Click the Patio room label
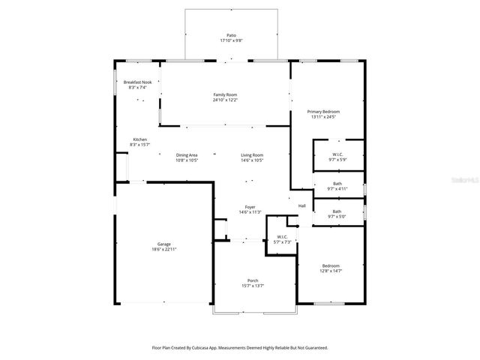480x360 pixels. [x=231, y=35]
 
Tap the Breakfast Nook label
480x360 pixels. [x=137, y=82]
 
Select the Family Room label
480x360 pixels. [x=225, y=94]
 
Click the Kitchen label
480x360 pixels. [x=139, y=139]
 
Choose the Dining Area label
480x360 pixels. [x=187, y=154]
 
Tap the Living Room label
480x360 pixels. [x=252, y=154]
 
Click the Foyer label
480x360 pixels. [x=250, y=207]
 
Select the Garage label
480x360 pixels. [x=163, y=244]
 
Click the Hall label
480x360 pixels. [x=302, y=205]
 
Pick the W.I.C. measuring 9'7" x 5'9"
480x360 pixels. [x=338, y=154]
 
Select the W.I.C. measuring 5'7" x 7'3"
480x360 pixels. [x=282, y=238]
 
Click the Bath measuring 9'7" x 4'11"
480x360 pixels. [x=337, y=184]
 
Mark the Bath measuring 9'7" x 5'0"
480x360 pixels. [x=337, y=212]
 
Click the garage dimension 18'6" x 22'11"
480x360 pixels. [x=163, y=249]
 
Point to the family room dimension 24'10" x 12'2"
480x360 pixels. [x=225, y=100]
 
